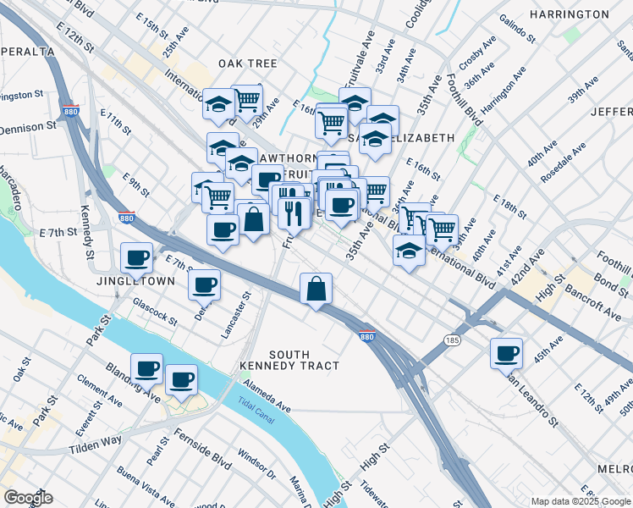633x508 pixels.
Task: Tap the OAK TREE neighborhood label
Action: [x=248, y=63]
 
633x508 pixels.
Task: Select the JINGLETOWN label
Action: [x=135, y=280]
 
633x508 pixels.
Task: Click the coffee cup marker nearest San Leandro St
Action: [x=506, y=353]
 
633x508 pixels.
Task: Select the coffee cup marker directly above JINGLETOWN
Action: [x=136, y=257]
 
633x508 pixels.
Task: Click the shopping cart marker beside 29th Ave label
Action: [x=246, y=100]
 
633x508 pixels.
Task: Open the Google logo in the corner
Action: [x=28, y=498]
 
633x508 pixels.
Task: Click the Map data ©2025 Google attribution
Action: [x=581, y=501]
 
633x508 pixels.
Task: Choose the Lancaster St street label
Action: [x=236, y=317]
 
